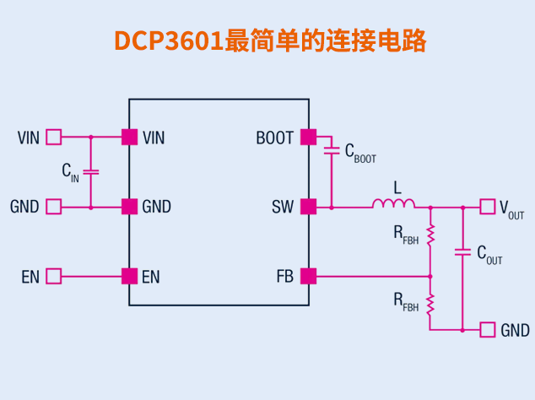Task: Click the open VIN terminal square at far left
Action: (x=54, y=137)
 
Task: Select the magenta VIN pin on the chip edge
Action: (x=129, y=137)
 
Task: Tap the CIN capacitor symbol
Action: (x=91, y=172)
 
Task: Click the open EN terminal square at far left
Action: (x=54, y=276)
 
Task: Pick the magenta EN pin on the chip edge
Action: (x=129, y=276)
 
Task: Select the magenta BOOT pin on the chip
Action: (x=308, y=137)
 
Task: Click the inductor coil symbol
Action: (x=393, y=203)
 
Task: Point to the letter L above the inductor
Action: (x=397, y=185)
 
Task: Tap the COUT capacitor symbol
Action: (x=462, y=251)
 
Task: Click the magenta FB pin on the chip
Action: (x=308, y=276)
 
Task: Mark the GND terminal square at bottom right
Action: (x=488, y=330)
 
